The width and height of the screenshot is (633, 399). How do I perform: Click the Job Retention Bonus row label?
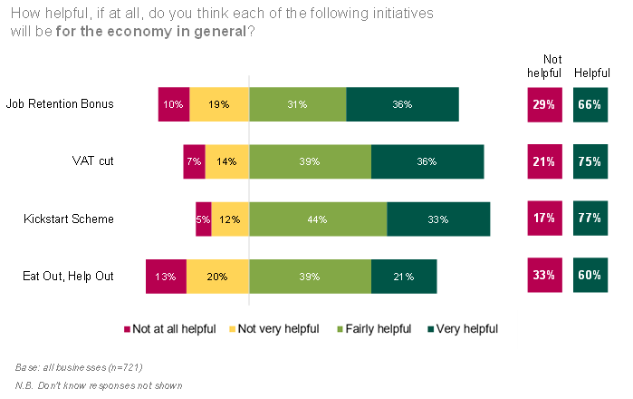[60, 103]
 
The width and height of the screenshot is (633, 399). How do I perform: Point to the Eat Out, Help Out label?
[65, 276]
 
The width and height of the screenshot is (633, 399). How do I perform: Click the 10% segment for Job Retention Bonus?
[173, 104]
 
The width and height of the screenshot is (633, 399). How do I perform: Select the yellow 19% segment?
[217, 104]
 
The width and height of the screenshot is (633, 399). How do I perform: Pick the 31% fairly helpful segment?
[297, 104]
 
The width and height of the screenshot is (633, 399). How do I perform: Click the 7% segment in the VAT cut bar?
[194, 161]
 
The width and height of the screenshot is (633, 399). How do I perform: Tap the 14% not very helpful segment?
[226, 161]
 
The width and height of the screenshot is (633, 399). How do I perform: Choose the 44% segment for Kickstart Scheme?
[317, 219]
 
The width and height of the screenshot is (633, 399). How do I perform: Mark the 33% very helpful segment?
[438, 219]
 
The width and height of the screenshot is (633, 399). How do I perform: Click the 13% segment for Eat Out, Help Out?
[166, 277]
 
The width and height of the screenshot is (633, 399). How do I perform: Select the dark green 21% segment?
[404, 277]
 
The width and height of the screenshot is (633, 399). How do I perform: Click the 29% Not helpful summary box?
[544, 104]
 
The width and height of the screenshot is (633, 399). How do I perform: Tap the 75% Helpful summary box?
[590, 161]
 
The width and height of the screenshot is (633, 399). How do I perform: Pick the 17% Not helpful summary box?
[544, 219]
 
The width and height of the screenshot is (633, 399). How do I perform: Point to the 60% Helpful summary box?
[590, 275]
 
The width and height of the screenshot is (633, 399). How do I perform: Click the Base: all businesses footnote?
[79, 367]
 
